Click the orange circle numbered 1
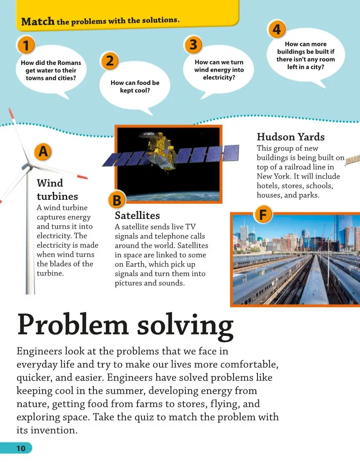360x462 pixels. [x=26, y=45]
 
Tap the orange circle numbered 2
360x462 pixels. [x=110, y=62]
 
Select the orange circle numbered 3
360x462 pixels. [x=193, y=45]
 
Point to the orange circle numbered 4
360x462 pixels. [x=277, y=29]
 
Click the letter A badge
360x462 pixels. [x=43, y=153]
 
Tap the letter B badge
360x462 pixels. [x=117, y=201]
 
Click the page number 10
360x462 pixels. [x=21, y=448]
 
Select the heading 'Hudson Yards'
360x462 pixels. [x=290, y=137]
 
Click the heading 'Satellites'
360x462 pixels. [x=137, y=216]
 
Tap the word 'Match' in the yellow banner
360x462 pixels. [x=38, y=22]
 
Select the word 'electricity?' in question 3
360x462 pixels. [x=219, y=77]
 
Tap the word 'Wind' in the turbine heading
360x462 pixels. [x=50, y=183]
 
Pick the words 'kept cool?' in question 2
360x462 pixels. [x=135, y=90]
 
